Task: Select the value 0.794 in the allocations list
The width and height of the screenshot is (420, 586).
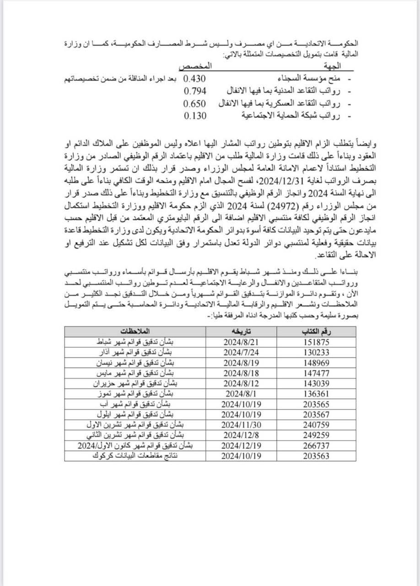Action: tap(194, 90)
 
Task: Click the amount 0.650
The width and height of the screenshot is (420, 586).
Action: tap(194, 103)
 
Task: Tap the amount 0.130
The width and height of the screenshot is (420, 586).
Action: tap(194, 115)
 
